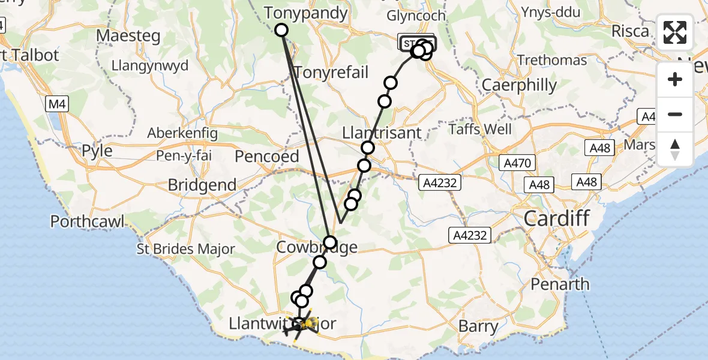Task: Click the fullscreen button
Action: pos(675,32)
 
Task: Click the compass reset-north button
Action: pos(675,149)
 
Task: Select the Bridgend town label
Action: pos(202,185)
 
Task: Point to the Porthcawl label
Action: pos(88,221)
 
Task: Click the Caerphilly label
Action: pos(520,85)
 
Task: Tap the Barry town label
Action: pos(478,326)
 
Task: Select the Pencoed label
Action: pos(266,157)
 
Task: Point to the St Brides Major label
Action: pos(186,250)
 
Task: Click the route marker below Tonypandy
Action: pos(281,30)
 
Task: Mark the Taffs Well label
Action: pos(481,129)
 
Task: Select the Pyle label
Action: pos(97,150)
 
